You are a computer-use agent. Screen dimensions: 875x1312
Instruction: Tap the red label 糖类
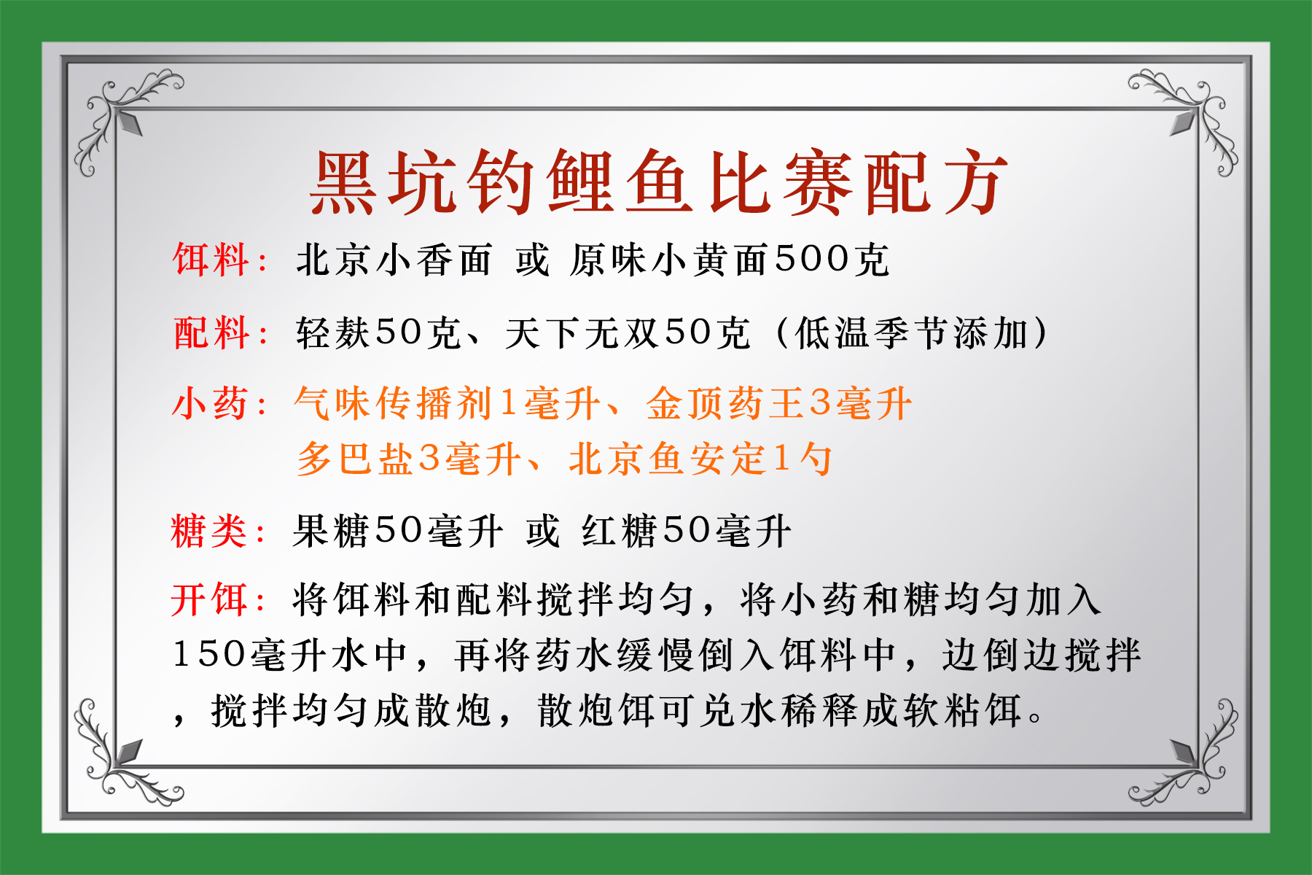pos(210,531)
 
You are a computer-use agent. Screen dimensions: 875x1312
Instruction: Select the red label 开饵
pos(210,600)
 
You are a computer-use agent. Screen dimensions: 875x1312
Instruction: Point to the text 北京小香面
pos(394,260)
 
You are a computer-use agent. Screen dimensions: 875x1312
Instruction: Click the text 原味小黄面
pos(669,260)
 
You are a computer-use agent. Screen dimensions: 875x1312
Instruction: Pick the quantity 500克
pos(832,260)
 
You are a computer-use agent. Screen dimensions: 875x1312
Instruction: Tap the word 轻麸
pos(335,333)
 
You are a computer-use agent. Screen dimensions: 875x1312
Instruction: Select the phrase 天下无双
pos(583,333)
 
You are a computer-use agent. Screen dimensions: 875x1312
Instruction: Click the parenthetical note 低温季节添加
pos(911,333)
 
